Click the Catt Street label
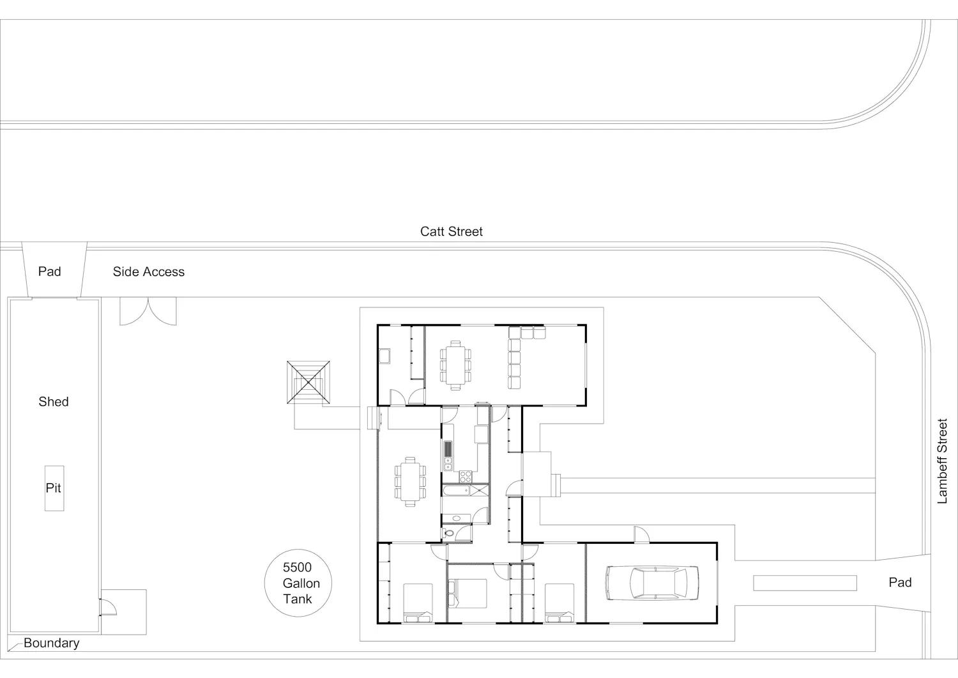tap(451, 231)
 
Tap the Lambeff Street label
tap(942, 461)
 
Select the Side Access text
tap(148, 272)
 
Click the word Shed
tap(54, 401)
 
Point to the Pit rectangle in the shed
tap(54, 488)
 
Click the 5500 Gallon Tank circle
tap(298, 583)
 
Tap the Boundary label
tap(51, 643)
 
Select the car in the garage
tap(652, 583)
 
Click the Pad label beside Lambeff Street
tap(900, 582)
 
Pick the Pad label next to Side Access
tap(50, 272)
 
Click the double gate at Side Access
tap(148, 311)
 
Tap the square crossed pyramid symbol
tap(308, 382)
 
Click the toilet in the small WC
tap(448, 534)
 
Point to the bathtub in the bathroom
tap(457, 490)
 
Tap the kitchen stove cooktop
tap(466, 477)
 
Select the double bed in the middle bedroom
tap(468, 593)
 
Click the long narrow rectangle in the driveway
tap(805, 583)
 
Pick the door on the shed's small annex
tap(108, 607)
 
